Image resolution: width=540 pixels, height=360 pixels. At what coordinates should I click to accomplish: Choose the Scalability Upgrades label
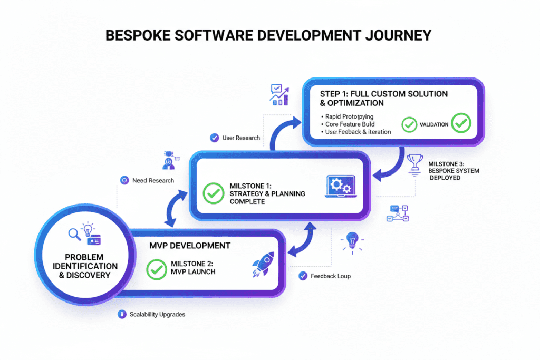(x=157, y=314)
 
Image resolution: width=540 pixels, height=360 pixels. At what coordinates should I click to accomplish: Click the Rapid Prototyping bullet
(x=349, y=116)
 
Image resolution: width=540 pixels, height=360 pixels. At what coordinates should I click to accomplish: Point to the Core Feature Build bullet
(x=350, y=124)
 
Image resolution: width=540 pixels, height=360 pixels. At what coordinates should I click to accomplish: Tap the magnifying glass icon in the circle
(x=74, y=233)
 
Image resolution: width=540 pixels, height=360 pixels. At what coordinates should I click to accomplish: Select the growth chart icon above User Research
(x=278, y=95)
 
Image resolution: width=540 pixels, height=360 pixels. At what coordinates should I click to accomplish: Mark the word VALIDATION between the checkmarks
(x=434, y=124)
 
